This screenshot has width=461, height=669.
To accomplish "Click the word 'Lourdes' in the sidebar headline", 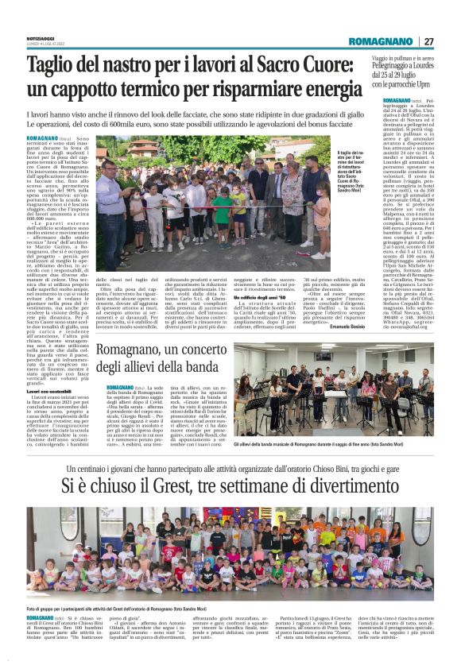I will tap(428, 66).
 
